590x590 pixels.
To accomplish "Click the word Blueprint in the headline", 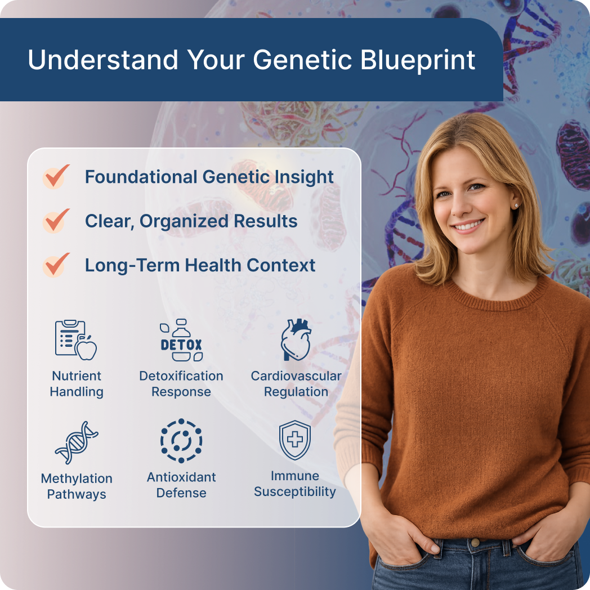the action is [418, 60].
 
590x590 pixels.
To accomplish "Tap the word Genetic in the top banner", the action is [302, 60].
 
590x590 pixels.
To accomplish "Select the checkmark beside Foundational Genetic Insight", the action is [56, 176].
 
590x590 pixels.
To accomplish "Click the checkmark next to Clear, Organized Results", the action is [56, 221].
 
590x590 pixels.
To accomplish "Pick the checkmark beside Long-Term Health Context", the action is [56, 265].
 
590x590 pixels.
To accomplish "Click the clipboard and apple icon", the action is [76, 340].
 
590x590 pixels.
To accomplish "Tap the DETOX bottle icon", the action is [181, 340].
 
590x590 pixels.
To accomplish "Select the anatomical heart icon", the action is [296, 340].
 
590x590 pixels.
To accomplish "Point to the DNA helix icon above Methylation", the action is [77, 442].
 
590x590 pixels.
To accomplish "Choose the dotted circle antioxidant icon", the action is [181, 441].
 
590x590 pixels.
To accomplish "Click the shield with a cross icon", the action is [295, 440].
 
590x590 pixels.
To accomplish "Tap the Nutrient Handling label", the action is [77, 384].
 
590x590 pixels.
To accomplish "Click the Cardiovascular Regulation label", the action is [296, 384].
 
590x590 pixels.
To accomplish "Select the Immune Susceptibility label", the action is [295, 484].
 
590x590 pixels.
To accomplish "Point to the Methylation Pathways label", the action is [77, 486].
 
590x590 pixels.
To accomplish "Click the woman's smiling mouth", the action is [468, 226].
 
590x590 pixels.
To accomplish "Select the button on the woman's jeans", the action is [475, 543].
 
